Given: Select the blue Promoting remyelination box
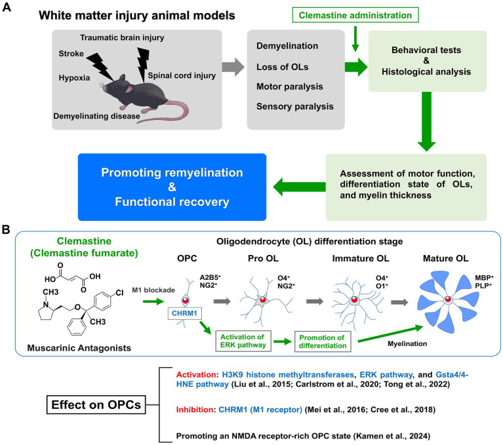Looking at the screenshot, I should [171, 189].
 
